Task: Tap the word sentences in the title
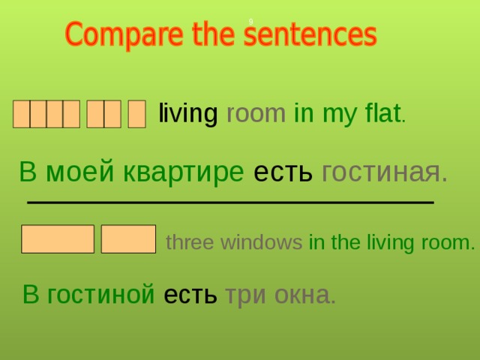[311, 35]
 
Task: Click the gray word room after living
[256, 114]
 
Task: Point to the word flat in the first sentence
[382, 114]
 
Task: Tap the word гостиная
[384, 172]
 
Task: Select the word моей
[79, 172]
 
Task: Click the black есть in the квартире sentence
[283, 172]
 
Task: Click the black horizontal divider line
[229, 202]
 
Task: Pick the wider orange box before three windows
[58, 238]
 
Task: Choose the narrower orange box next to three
[128, 238]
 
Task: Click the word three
[185, 242]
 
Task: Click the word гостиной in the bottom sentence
[100, 295]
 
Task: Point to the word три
[244, 295]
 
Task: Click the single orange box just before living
[136, 115]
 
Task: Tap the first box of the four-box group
[21, 115]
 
